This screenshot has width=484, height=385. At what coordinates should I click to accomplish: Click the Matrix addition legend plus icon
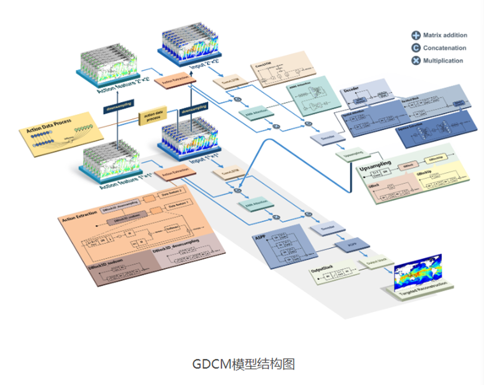click(x=415, y=36)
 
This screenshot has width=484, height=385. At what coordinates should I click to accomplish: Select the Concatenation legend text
click(x=445, y=48)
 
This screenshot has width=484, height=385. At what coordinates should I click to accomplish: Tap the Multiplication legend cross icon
click(x=415, y=61)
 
